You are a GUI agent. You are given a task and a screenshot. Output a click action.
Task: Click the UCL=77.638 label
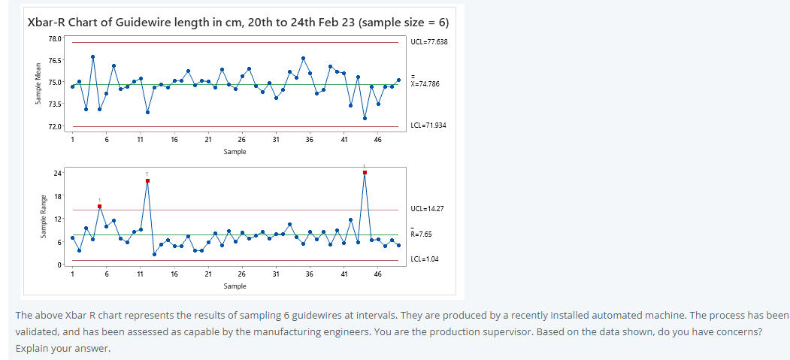click(x=429, y=41)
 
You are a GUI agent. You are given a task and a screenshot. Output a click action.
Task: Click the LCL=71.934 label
click(x=428, y=125)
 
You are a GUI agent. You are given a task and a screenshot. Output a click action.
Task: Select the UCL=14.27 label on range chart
click(x=425, y=209)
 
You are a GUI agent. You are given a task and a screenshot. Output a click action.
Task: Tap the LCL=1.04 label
click(x=424, y=259)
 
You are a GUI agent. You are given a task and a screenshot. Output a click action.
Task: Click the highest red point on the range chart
click(x=365, y=172)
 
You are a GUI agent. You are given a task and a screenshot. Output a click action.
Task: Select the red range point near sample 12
click(x=147, y=180)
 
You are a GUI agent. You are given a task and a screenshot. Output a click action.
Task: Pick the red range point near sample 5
click(x=99, y=206)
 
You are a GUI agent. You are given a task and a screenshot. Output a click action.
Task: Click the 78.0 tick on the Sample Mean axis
click(x=55, y=38)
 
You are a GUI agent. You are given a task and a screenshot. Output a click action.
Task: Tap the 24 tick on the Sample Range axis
click(x=57, y=173)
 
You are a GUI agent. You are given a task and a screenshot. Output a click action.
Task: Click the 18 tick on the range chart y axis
click(x=57, y=195)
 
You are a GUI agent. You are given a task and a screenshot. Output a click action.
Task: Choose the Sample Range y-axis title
click(x=44, y=219)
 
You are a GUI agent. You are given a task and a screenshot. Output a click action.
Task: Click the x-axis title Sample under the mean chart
click(x=235, y=151)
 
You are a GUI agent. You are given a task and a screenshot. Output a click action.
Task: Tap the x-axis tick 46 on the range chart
click(x=377, y=275)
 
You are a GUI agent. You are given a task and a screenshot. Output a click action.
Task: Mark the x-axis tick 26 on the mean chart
click(x=241, y=140)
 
